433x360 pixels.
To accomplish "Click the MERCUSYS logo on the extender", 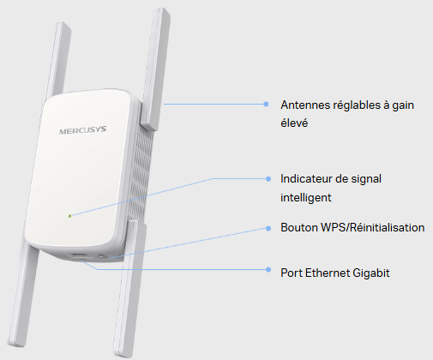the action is pyautogui.click(x=82, y=130).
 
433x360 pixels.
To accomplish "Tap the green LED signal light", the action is pyautogui.click(x=69, y=216).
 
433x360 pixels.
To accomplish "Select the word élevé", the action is pyautogui.click(x=294, y=123).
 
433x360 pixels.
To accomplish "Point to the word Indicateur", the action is pyautogui.click(x=306, y=179).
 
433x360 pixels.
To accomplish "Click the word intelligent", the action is pyautogui.click(x=306, y=197).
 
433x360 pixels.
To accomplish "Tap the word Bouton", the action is pyautogui.click(x=299, y=228).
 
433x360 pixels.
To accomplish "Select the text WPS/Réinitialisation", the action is pyautogui.click(x=373, y=228).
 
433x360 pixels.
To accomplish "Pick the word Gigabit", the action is pyautogui.click(x=371, y=273).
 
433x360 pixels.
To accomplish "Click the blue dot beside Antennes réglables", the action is pyautogui.click(x=266, y=105).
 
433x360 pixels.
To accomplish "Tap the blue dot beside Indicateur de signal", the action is pyautogui.click(x=268, y=179).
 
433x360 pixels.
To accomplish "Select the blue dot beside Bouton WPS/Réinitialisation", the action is pyautogui.click(x=268, y=228).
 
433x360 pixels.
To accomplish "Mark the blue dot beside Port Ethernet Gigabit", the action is pyautogui.click(x=268, y=269).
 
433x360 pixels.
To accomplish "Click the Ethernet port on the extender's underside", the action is pyautogui.click(x=80, y=256).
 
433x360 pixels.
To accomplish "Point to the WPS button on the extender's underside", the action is pyautogui.click(x=102, y=256).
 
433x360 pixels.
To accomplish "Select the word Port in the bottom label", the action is pyautogui.click(x=292, y=273).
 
